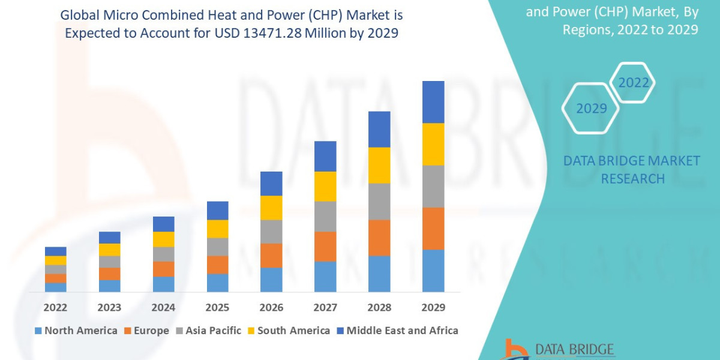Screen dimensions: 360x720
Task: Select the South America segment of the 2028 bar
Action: coord(379,165)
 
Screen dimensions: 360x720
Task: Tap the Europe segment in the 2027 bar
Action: coord(325,246)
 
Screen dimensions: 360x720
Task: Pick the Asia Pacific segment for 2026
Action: coord(271,231)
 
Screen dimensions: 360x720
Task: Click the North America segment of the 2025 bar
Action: coord(217,283)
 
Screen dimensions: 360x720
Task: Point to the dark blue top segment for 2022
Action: coord(56,251)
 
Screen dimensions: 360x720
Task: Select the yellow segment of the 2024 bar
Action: coord(163,239)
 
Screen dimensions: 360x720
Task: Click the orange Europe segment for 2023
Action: coord(109,274)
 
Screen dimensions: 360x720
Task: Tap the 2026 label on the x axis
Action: coord(271,307)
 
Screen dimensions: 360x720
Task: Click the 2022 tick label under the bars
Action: coord(55,307)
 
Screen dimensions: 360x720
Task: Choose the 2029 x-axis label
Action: coord(433,307)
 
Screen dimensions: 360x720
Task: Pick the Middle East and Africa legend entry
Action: coord(397,331)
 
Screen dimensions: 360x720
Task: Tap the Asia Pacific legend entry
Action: coord(208,331)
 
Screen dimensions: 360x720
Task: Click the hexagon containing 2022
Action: coord(633,83)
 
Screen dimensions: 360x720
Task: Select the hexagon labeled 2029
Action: coord(590,109)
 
